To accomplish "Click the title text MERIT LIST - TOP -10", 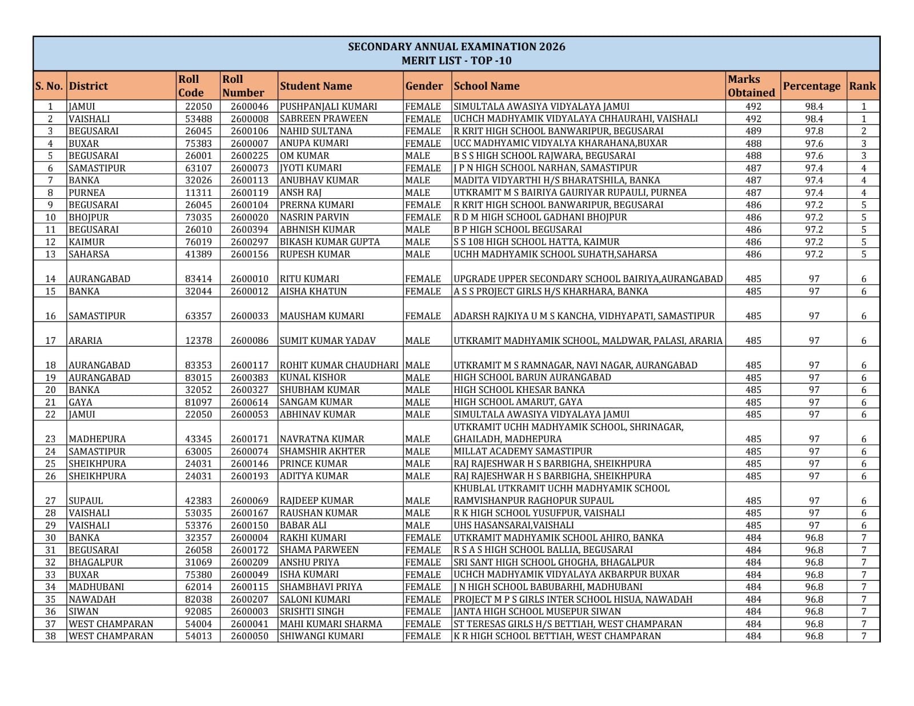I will [x=456, y=61].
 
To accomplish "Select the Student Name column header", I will [x=316, y=86].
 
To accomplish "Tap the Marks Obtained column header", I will [x=751, y=86].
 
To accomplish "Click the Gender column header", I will [x=424, y=86].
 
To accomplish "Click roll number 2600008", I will [x=249, y=119].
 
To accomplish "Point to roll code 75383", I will [x=198, y=143].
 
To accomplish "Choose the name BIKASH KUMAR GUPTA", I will [x=330, y=242].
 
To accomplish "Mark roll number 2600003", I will [x=249, y=611].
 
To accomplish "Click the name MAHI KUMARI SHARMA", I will [x=331, y=624].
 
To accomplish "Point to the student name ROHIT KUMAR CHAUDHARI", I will [x=339, y=365].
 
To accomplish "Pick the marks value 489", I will [x=753, y=131].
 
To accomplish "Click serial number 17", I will [x=50, y=340].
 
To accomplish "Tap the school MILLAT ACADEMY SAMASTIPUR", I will [x=523, y=451].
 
